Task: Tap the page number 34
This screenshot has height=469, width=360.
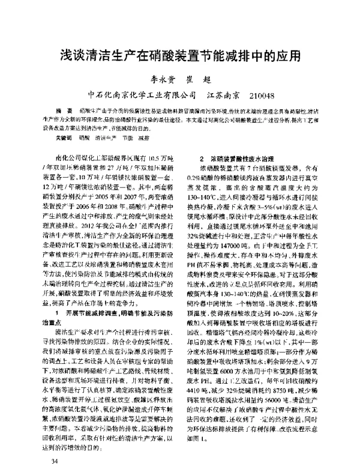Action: tap(55, 459)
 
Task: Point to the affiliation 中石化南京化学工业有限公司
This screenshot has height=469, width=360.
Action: tap(142, 96)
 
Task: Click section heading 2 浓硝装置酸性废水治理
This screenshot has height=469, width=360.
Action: tap(234, 157)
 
